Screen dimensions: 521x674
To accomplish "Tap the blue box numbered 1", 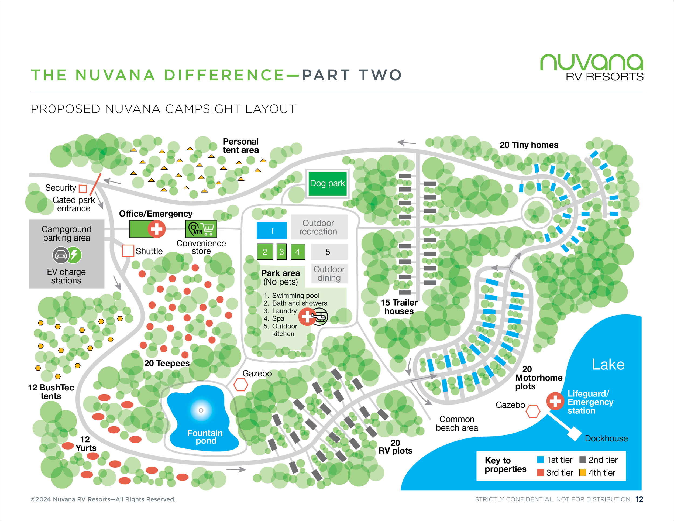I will point(271,231).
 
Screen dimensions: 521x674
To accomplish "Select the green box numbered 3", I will point(281,252).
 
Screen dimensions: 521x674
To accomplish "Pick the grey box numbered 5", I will point(328,252).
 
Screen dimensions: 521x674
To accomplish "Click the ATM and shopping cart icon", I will point(201,229).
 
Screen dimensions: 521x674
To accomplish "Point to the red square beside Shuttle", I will point(128,251).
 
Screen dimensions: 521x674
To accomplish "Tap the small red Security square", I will point(83,188).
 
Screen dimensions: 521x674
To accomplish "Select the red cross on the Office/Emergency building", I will point(156,229).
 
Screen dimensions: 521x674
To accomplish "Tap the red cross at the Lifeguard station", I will point(555,401).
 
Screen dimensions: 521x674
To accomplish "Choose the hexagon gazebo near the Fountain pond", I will point(240,385).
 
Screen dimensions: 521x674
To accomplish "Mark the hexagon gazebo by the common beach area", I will point(533,411).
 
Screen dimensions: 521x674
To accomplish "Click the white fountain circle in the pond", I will point(201,410).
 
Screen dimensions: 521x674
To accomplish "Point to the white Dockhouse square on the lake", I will point(574,434).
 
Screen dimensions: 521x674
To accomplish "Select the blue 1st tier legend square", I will point(540,460).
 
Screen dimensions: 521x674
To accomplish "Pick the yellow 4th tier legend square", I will point(582,472).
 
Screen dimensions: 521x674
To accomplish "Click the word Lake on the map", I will point(608,365).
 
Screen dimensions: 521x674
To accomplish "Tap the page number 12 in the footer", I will point(639,499).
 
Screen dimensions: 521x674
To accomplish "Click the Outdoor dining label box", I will point(329,273).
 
